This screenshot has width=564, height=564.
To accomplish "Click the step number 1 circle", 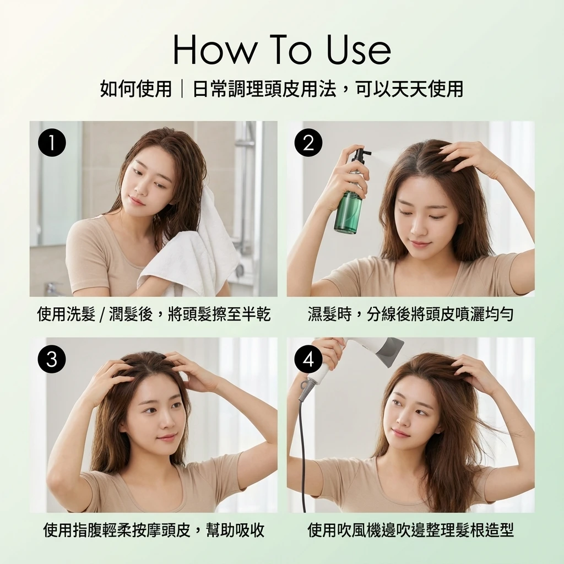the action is click(x=52, y=143).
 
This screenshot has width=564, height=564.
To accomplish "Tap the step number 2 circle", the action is click(x=308, y=143).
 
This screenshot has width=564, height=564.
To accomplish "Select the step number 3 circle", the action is click(x=52, y=359).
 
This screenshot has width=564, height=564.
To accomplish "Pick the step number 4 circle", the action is click(x=308, y=359).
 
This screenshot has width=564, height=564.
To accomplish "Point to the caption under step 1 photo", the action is click(x=154, y=314).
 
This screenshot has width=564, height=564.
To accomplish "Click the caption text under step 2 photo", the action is click(x=410, y=314).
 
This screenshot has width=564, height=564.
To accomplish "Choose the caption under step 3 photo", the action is click(x=154, y=530).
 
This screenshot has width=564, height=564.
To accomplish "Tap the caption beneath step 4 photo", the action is click(x=410, y=530).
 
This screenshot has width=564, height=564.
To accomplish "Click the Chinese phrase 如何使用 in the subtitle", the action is click(x=135, y=89).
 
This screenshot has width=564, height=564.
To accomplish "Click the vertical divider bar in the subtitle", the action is click(x=182, y=89).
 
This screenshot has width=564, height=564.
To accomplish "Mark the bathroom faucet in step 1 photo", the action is click(x=53, y=288).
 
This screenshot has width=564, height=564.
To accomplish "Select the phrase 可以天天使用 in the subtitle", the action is click(x=409, y=89).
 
